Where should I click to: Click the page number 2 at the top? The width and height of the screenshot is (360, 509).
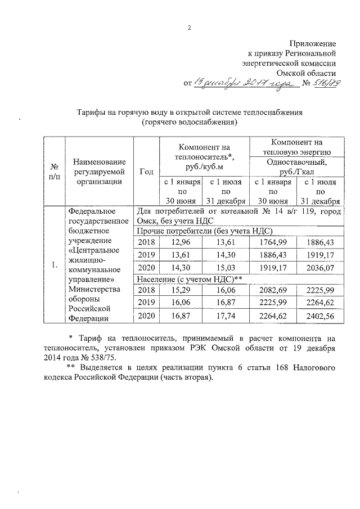(x=189, y=28)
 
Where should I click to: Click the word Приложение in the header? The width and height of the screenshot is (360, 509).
(x=313, y=43)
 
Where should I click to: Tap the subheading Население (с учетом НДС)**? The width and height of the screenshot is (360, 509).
(x=190, y=279)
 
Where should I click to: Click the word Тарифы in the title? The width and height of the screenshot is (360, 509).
(x=94, y=112)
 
